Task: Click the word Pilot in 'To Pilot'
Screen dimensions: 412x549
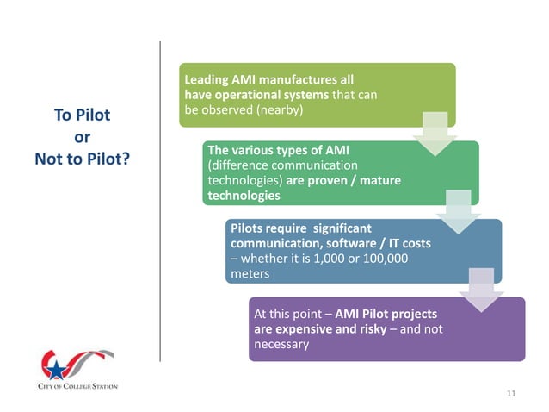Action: coord(93,115)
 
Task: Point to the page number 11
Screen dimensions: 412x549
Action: coord(510,393)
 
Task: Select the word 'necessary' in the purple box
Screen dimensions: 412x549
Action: coord(281,346)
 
